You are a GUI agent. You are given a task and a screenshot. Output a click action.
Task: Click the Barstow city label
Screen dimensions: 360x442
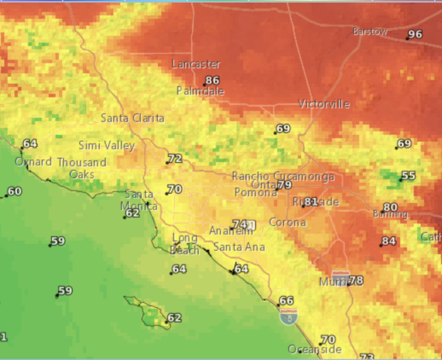click(x=370, y=32)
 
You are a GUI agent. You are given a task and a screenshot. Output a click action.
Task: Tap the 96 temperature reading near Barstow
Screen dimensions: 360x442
click(x=415, y=35)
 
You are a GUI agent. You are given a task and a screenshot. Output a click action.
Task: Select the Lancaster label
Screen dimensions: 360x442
click(x=195, y=64)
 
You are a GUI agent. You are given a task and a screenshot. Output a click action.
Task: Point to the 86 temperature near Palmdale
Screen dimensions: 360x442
click(x=212, y=81)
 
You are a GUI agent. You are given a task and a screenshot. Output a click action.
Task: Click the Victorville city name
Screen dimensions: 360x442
click(x=324, y=104)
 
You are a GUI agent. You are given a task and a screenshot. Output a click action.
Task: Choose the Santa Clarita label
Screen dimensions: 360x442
click(x=132, y=118)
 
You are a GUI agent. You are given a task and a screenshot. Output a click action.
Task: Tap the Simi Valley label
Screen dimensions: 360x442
click(x=107, y=145)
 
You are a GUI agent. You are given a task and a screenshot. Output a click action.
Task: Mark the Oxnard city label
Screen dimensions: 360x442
click(x=33, y=162)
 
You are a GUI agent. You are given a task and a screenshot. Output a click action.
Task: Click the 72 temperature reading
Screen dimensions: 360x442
click(x=174, y=159)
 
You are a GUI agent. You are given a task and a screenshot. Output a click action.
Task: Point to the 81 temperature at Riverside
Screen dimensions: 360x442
click(x=310, y=201)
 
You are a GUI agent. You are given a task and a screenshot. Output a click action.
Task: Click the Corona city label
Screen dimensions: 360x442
click(x=287, y=222)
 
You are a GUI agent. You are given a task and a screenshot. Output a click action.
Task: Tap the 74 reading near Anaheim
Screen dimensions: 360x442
click(x=239, y=224)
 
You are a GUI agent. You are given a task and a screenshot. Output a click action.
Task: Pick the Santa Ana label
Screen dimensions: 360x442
click(x=239, y=247)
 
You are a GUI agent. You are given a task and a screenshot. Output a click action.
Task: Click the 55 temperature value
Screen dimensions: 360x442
click(x=408, y=176)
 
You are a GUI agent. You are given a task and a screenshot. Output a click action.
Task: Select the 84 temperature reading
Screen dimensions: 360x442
click(x=389, y=241)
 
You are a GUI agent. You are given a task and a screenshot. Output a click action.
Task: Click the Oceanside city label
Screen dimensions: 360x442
click(x=314, y=349)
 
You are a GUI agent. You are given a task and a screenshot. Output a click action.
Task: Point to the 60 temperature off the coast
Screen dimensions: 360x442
click(x=14, y=192)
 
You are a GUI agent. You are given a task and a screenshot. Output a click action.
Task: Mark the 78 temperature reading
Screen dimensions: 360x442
click(x=356, y=280)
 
